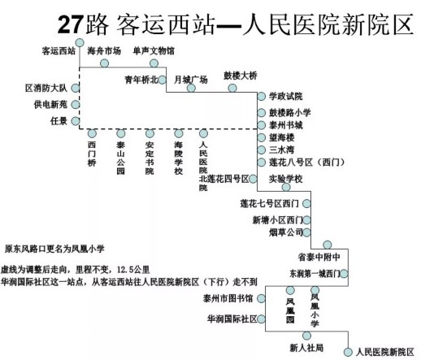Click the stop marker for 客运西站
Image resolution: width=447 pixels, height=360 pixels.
(x=80, y=43)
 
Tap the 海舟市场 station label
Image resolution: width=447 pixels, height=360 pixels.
(x=104, y=51)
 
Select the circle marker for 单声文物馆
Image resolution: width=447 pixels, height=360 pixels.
(x=154, y=63)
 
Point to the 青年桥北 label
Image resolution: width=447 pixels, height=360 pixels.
(x=141, y=80)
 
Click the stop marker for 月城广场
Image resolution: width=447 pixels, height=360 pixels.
(x=191, y=88)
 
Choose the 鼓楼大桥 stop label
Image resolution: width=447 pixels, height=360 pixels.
(x=241, y=76)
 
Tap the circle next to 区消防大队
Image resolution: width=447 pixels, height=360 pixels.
(x=76, y=88)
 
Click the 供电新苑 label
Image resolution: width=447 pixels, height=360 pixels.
(x=50, y=105)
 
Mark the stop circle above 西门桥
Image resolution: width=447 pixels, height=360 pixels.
(x=92, y=133)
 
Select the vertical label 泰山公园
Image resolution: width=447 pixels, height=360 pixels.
(x=121, y=158)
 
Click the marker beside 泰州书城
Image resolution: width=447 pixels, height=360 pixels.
(x=262, y=125)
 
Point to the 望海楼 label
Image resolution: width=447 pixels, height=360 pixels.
(x=282, y=137)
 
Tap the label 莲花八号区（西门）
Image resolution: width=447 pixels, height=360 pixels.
(x=307, y=163)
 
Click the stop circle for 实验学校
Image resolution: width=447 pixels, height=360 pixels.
(x=286, y=187)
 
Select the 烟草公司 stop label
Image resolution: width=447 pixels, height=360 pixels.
(x=285, y=232)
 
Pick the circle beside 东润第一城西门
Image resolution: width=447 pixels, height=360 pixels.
(x=344, y=274)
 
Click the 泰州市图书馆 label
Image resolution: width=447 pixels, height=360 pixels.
(x=228, y=298)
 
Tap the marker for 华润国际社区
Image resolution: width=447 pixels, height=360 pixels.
(x=261, y=319)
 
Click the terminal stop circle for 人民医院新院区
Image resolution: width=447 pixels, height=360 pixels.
(x=348, y=352)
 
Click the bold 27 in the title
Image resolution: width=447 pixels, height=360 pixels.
(x=70, y=25)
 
